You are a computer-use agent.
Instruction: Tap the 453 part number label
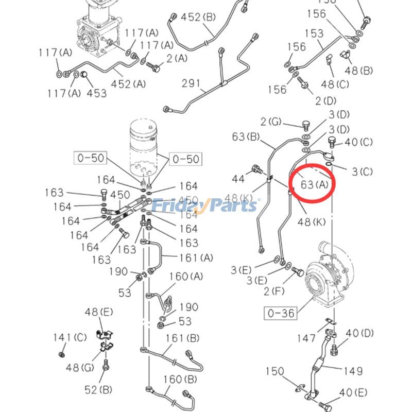96,93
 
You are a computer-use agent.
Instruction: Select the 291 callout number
190,83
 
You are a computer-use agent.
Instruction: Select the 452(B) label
198,17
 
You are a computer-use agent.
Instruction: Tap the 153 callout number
314,33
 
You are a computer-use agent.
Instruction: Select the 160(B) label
180,380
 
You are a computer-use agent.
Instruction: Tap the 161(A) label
195,257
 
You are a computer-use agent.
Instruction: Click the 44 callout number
238,179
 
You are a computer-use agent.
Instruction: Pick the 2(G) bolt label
271,122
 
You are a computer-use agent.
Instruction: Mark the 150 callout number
275,371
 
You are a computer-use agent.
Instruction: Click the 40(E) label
353,393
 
